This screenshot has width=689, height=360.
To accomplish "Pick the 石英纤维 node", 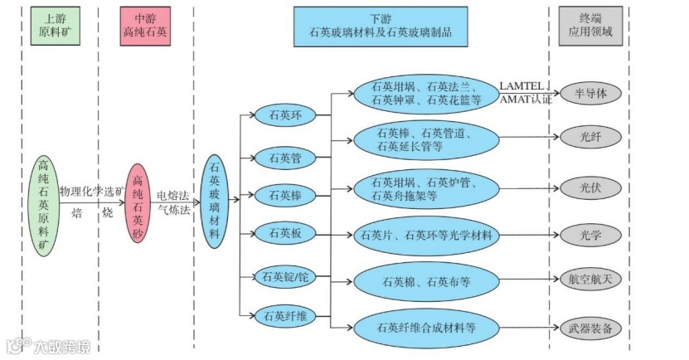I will tap(285, 315).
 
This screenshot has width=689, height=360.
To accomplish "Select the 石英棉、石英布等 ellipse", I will tap(426, 281).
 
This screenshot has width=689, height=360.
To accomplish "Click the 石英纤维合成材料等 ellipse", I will tap(426, 327).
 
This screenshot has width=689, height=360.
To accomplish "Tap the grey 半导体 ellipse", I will tap(590, 93).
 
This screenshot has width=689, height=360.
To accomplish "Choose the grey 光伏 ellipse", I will tap(590, 187).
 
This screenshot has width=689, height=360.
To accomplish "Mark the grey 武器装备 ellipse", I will tap(590, 328).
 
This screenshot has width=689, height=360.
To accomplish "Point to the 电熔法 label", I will tap(173, 193).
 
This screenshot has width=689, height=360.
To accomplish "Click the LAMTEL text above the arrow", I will tap(522, 85).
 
